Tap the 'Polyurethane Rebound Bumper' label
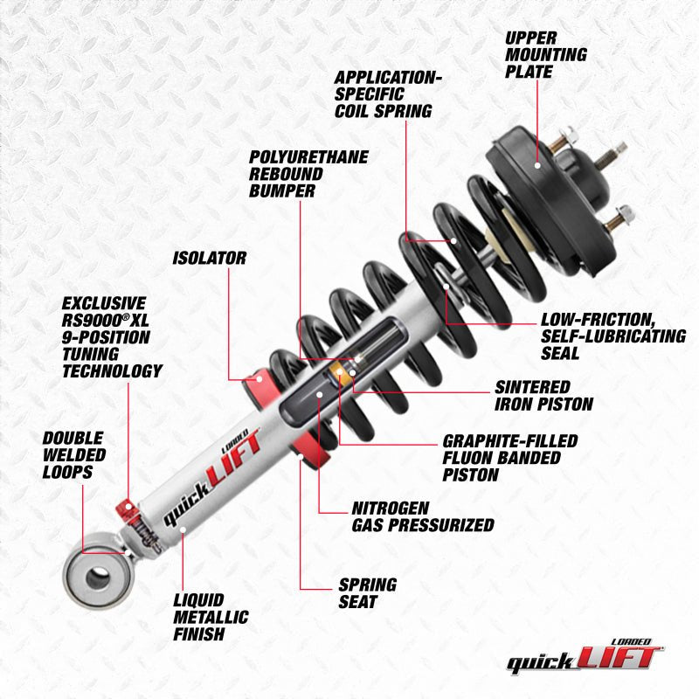[308, 173]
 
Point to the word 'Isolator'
[209, 258]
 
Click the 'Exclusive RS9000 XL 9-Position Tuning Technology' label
[112, 336]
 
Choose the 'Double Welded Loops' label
[73, 453]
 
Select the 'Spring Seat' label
[368, 592]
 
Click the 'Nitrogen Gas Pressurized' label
[422, 516]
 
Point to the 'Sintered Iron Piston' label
[543, 395]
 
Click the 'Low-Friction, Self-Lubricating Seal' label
[613, 336]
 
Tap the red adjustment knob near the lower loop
[124, 509]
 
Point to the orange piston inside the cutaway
[339, 375]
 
